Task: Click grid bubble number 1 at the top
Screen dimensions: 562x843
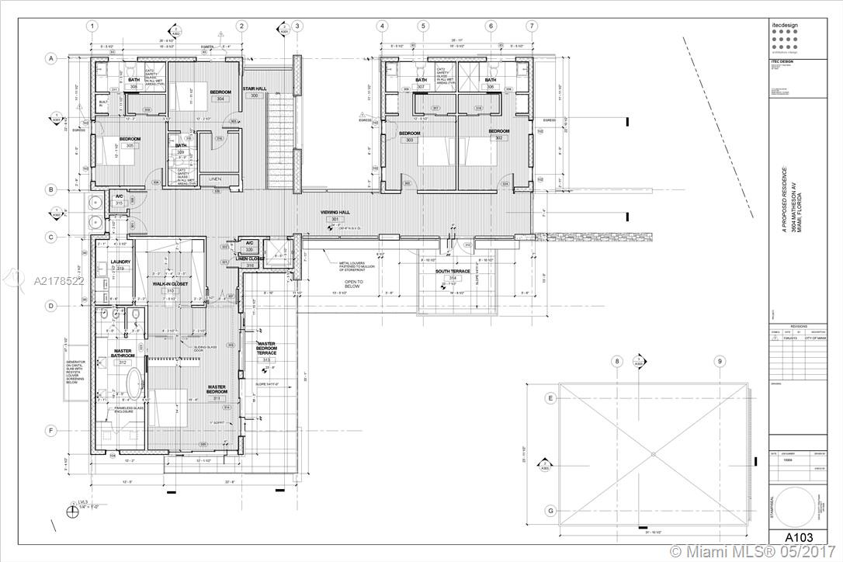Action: click(92, 26)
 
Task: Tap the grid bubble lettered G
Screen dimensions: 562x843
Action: click(550, 510)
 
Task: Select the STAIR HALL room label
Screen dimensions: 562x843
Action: click(254, 88)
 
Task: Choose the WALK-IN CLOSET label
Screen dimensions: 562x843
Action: click(170, 284)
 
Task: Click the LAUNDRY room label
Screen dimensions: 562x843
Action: click(120, 262)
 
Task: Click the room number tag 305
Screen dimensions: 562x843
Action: click(130, 145)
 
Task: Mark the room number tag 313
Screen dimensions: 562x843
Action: click(266, 360)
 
